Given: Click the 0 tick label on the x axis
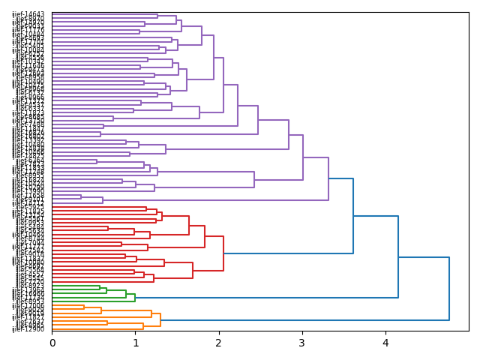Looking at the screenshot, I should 52,343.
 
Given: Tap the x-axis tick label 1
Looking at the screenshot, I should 136,343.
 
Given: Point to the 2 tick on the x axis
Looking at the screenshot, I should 219,343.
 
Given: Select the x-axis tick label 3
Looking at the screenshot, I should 302,343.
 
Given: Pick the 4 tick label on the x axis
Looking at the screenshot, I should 385,343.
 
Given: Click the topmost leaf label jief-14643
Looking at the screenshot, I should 28,14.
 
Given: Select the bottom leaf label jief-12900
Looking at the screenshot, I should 28,329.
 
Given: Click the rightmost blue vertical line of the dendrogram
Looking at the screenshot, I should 449,289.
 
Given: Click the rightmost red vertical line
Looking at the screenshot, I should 223,253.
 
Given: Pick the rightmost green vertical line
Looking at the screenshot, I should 135,298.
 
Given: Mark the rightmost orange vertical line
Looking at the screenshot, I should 160,320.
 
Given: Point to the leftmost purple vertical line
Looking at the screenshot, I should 81,196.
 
